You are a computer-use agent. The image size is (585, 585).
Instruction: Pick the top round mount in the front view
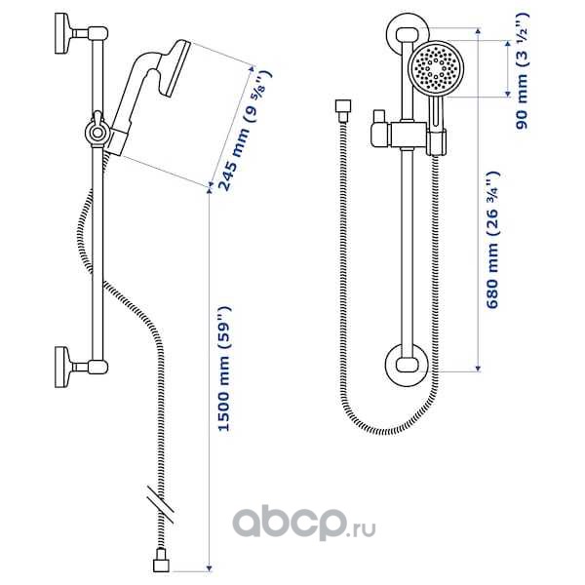click(405, 34)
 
